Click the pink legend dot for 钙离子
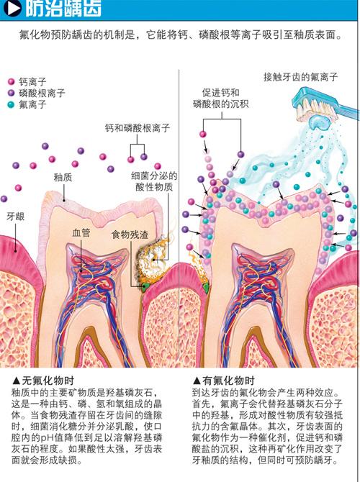coord(11,82)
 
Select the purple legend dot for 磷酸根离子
coord(11,93)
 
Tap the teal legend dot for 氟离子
coord(11,104)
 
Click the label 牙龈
coord(15,217)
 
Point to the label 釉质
coord(63,177)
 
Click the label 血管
coord(81,232)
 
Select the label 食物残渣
coord(130,235)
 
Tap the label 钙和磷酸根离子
coord(138,128)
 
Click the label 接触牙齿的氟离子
coord(301,76)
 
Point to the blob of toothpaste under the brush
coord(319,122)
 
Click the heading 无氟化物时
coord(43,381)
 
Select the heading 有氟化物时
coord(224,381)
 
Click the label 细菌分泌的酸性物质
coord(154,181)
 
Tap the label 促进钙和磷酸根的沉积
coord(220,99)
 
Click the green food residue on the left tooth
coord(144,288)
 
